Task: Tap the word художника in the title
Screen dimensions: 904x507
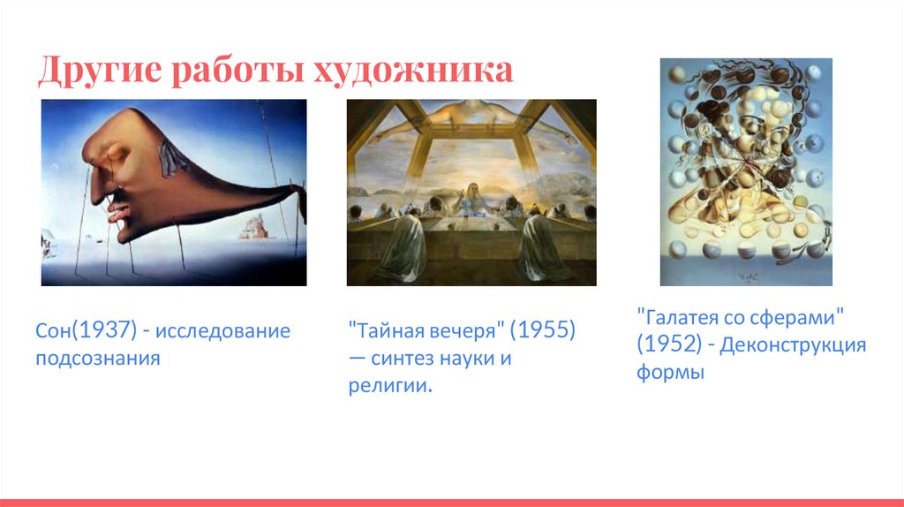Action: coord(413,71)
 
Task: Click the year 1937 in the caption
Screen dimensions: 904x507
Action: coord(106,330)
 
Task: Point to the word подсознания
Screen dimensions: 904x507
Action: coord(98,359)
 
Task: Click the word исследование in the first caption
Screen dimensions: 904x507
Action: coord(222,331)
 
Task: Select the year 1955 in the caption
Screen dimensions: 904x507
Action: coord(543,330)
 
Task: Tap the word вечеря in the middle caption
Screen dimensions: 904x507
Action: coord(463,331)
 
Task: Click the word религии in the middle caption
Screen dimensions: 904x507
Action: coord(388,385)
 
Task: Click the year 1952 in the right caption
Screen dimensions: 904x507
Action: coord(669,344)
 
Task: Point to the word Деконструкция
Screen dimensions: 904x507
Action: coord(793,345)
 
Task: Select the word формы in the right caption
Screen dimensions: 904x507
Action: coord(671,372)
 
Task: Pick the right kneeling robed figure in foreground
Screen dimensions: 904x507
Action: coord(542,248)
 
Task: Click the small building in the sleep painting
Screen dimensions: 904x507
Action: coord(255,227)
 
